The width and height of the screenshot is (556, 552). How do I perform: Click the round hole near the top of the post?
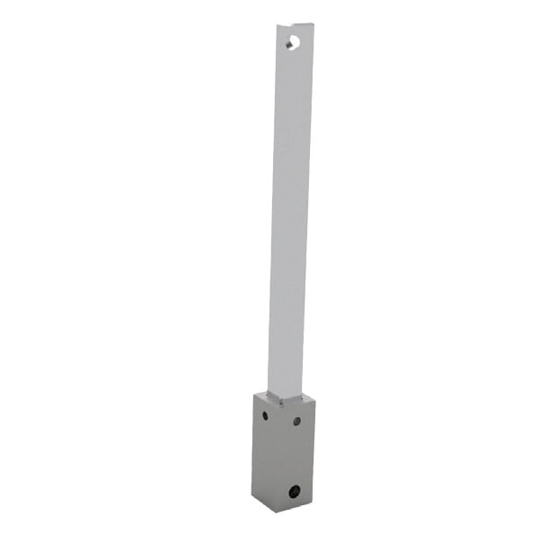point(293,41)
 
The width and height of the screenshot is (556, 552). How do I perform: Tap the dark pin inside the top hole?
point(290,42)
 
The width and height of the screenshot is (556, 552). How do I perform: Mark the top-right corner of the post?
point(313,24)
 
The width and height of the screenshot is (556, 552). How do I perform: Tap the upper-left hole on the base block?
point(263,415)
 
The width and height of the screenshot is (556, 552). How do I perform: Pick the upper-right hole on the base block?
point(296,420)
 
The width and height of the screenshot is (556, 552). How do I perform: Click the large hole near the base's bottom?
point(295,491)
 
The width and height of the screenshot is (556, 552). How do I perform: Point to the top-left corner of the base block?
point(254,394)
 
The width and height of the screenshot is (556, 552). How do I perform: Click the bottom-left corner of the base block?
point(252,497)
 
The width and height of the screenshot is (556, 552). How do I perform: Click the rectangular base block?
point(284,454)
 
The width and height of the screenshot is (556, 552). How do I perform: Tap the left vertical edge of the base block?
point(253,445)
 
